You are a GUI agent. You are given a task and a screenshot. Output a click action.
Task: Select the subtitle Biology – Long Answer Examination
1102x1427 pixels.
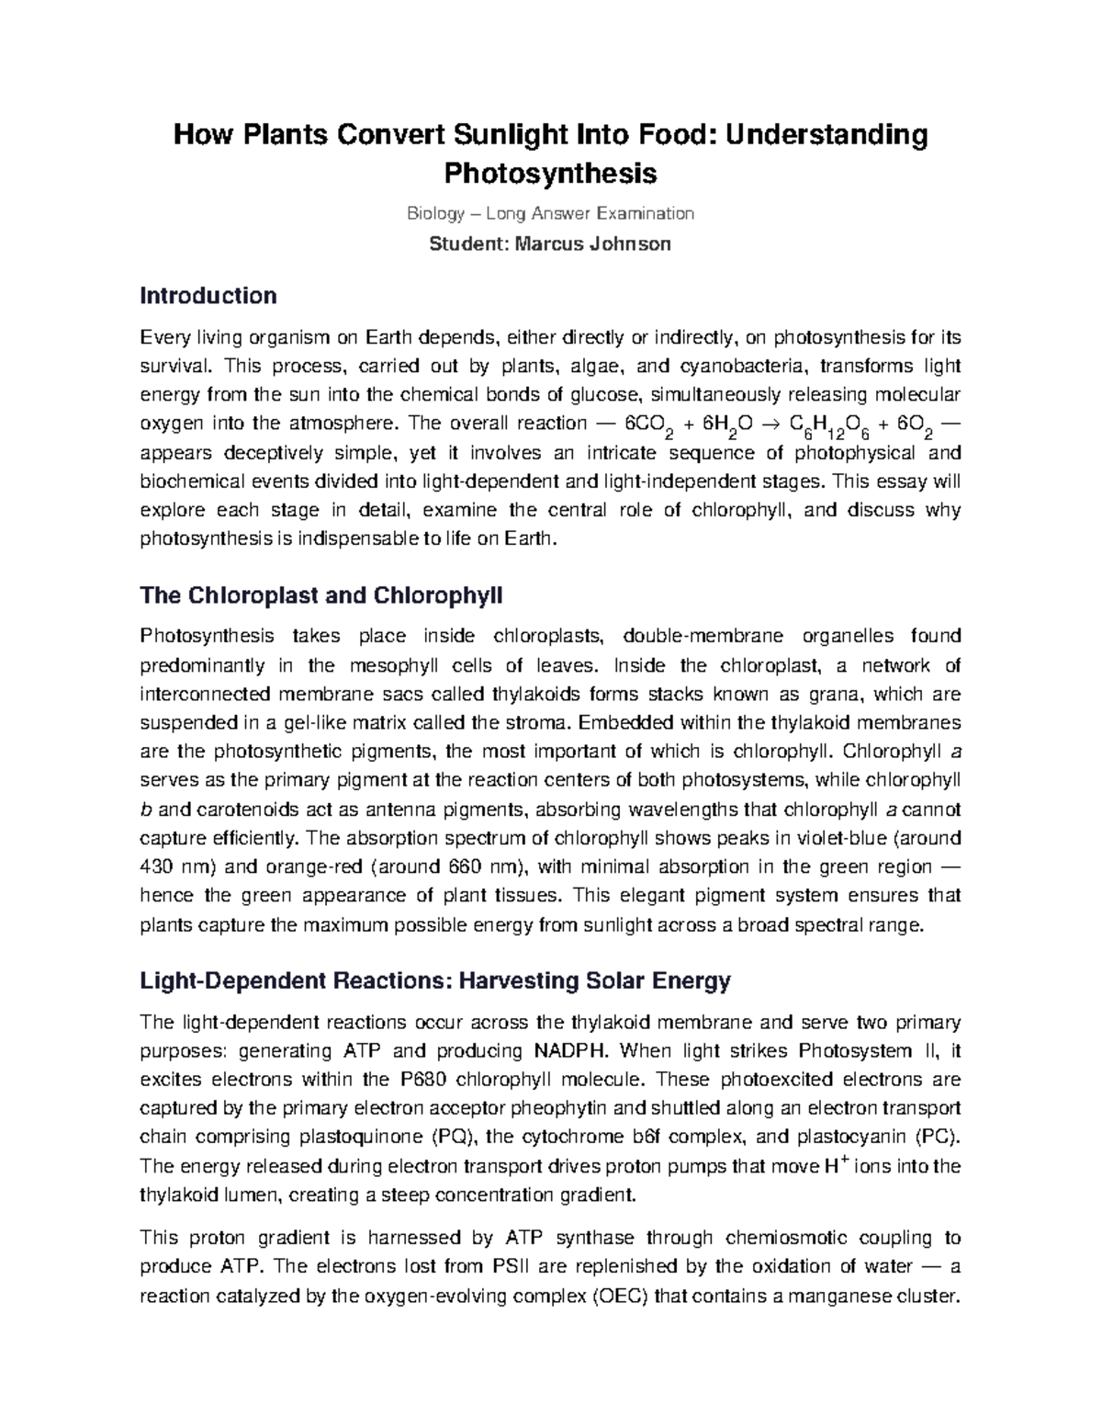551,214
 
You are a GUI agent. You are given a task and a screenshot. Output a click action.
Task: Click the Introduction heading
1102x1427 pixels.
208,296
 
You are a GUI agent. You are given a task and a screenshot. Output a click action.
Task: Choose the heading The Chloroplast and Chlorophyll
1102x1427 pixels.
321,595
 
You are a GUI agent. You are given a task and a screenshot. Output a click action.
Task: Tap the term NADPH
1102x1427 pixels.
568,1051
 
